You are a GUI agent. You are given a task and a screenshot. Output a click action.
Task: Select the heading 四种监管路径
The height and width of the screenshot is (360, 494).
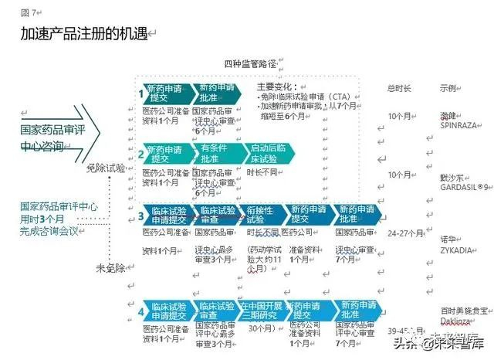[249, 63]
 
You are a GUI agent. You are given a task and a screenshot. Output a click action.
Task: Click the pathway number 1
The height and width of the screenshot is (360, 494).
[141, 95]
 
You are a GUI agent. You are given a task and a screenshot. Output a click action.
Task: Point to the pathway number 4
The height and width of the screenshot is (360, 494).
[142, 311]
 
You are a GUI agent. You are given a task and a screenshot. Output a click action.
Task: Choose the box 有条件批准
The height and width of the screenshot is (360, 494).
[215, 152]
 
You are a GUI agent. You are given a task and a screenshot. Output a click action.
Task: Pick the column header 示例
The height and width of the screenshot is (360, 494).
[449, 87]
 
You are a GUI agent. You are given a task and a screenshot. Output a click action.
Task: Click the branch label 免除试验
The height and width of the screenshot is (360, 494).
[106, 168]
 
